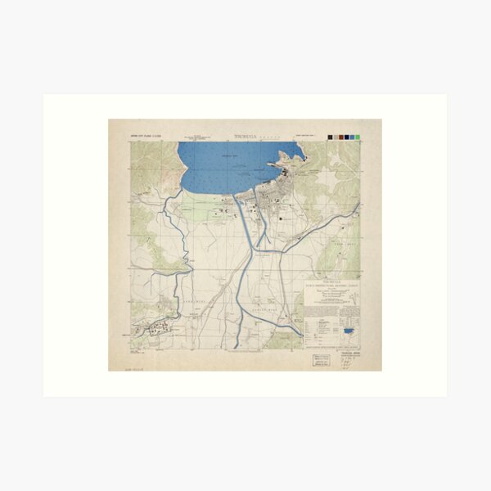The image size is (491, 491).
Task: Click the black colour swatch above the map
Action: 329,137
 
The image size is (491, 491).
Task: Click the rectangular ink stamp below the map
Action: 318,361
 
